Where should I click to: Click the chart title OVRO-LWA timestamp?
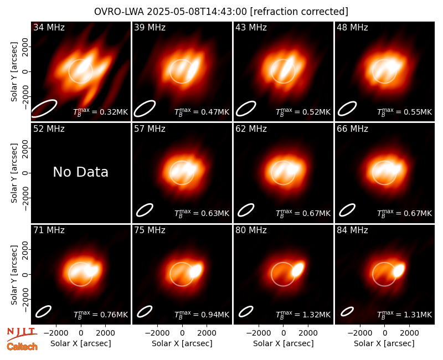(221, 12)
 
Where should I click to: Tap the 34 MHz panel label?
(49, 27)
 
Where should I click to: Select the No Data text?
(80, 172)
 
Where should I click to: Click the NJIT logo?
(22, 334)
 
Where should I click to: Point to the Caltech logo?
(22, 347)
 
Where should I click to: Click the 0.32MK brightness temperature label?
(101, 112)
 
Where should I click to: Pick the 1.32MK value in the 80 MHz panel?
(303, 314)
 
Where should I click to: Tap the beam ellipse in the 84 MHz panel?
(347, 311)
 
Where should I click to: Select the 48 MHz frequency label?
(352, 27)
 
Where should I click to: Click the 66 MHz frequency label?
(352, 129)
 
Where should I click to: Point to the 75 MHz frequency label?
(150, 230)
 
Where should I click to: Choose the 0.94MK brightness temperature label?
(202, 314)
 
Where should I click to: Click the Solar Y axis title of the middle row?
(14, 173)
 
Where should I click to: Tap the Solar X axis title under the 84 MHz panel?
(384, 343)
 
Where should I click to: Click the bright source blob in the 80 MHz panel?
(298, 269)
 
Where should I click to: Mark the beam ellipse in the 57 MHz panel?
(145, 210)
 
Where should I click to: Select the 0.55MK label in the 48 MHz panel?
(405, 112)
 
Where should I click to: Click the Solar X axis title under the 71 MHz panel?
(80, 343)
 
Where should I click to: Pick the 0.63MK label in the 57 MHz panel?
(202, 213)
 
